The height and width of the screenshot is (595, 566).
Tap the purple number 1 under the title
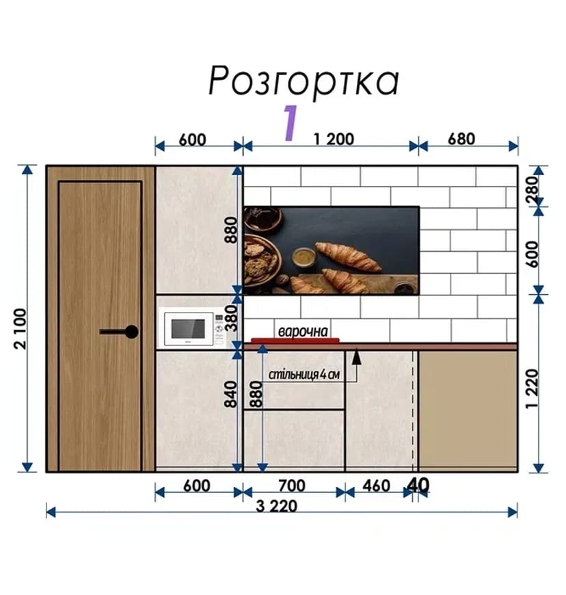[x=291, y=123]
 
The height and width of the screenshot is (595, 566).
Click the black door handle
[x=119, y=332]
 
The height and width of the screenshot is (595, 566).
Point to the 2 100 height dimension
[x=21, y=328]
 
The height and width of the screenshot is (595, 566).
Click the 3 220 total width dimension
[x=277, y=506]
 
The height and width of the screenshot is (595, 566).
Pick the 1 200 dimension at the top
[x=334, y=140]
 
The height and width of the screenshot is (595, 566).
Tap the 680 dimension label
[x=461, y=139]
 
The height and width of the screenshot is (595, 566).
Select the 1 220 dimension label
[x=533, y=388]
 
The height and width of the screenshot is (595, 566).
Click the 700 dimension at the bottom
[x=292, y=486]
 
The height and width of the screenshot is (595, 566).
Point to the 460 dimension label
[x=377, y=486]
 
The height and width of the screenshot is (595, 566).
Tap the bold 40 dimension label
[x=418, y=485]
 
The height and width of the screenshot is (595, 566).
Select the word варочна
[x=303, y=331]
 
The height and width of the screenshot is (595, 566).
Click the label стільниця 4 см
[x=304, y=375]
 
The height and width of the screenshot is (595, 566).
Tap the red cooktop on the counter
[x=295, y=341]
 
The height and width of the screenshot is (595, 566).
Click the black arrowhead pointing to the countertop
[x=356, y=357]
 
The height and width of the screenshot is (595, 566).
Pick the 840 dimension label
[x=230, y=395]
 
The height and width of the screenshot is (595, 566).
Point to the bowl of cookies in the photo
[x=262, y=260]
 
